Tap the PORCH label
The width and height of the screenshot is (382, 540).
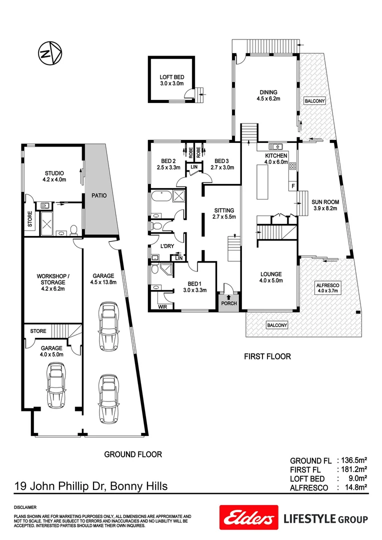(x=228, y=303)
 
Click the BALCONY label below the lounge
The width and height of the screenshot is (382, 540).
(x=277, y=325)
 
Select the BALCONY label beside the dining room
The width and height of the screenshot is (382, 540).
(x=314, y=101)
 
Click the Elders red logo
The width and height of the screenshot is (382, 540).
(x=248, y=517)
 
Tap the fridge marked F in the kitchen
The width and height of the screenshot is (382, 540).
(x=292, y=186)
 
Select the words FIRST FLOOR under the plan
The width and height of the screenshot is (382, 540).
(x=267, y=356)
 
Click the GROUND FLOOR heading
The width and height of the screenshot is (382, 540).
(x=132, y=454)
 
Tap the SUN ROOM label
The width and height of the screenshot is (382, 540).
(x=326, y=205)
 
